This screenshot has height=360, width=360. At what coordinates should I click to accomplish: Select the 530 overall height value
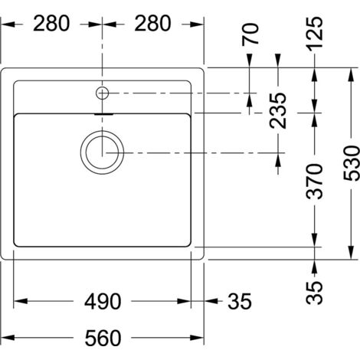click(x=349, y=162)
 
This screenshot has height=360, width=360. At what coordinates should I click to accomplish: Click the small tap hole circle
click(x=102, y=93)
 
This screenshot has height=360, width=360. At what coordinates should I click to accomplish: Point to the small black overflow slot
click(x=101, y=115)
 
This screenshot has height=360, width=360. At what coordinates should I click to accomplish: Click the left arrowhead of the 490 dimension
click(x=18, y=300)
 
